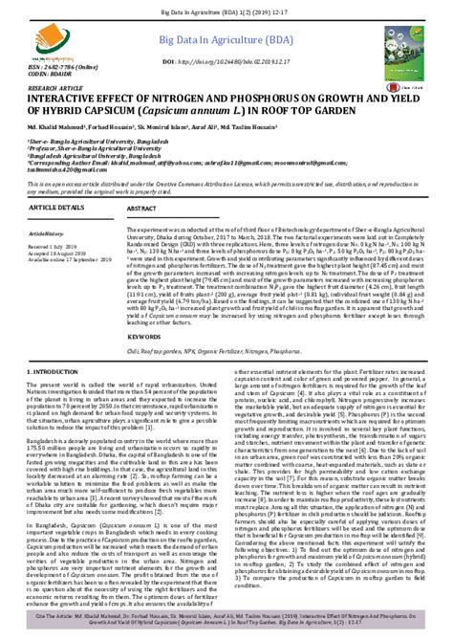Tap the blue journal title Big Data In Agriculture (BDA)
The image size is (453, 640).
point(227,41)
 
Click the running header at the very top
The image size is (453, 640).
point(226,6)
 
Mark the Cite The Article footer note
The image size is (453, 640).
point(226,624)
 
